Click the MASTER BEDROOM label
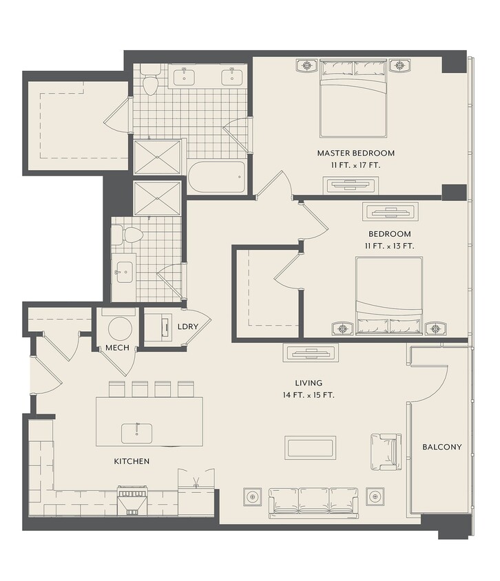coord(355,153)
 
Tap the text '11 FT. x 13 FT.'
coord(390,246)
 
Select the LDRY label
coord(188,326)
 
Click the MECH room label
coord(117,348)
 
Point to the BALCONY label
coord(442,447)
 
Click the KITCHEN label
coord(132,461)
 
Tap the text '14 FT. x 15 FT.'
coord(309,395)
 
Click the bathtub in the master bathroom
coord(216,177)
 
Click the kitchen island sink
coord(137,433)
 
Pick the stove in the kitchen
coord(132,500)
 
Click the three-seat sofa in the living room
coord(313,503)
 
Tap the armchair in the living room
coord(386,452)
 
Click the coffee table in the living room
coord(310,447)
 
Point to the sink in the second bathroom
coord(123,272)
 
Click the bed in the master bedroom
coord(353,98)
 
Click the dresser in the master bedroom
coord(351,184)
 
